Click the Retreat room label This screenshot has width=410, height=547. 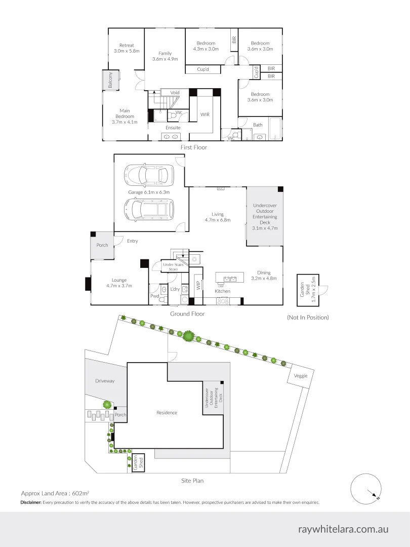tap(127, 48)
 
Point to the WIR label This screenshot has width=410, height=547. tap(205, 114)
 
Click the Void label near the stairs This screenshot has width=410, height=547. tap(175, 93)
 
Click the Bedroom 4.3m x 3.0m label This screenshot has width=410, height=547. tap(206, 46)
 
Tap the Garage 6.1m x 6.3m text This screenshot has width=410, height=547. tap(149, 192)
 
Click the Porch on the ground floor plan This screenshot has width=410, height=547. tap(102, 245)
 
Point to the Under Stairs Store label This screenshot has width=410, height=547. tap(173, 267)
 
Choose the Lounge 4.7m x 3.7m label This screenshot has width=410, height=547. tap(119, 283)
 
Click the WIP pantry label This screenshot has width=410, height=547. tap(199, 285)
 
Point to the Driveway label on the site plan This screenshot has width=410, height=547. tap(106, 380)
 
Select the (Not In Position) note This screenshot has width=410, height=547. tap(308, 318)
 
